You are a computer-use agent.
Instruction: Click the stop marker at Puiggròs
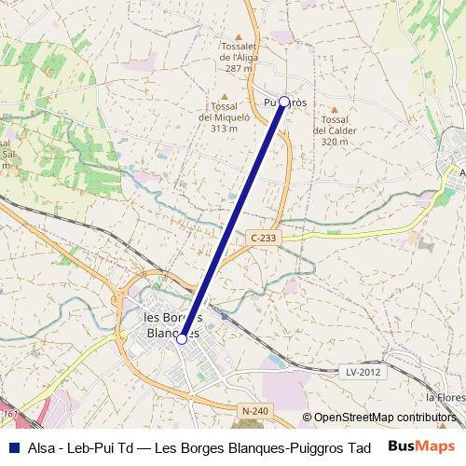(284, 102)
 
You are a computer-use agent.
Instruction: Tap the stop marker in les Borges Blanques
(182, 338)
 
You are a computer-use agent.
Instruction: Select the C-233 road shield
(264, 239)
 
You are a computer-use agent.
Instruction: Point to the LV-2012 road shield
(363, 372)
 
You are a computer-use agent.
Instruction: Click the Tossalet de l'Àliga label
(238, 57)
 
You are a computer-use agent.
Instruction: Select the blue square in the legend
(12, 446)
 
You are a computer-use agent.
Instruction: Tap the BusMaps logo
(421, 446)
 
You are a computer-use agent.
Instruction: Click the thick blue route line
(233, 220)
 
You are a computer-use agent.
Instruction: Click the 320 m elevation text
(335, 142)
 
